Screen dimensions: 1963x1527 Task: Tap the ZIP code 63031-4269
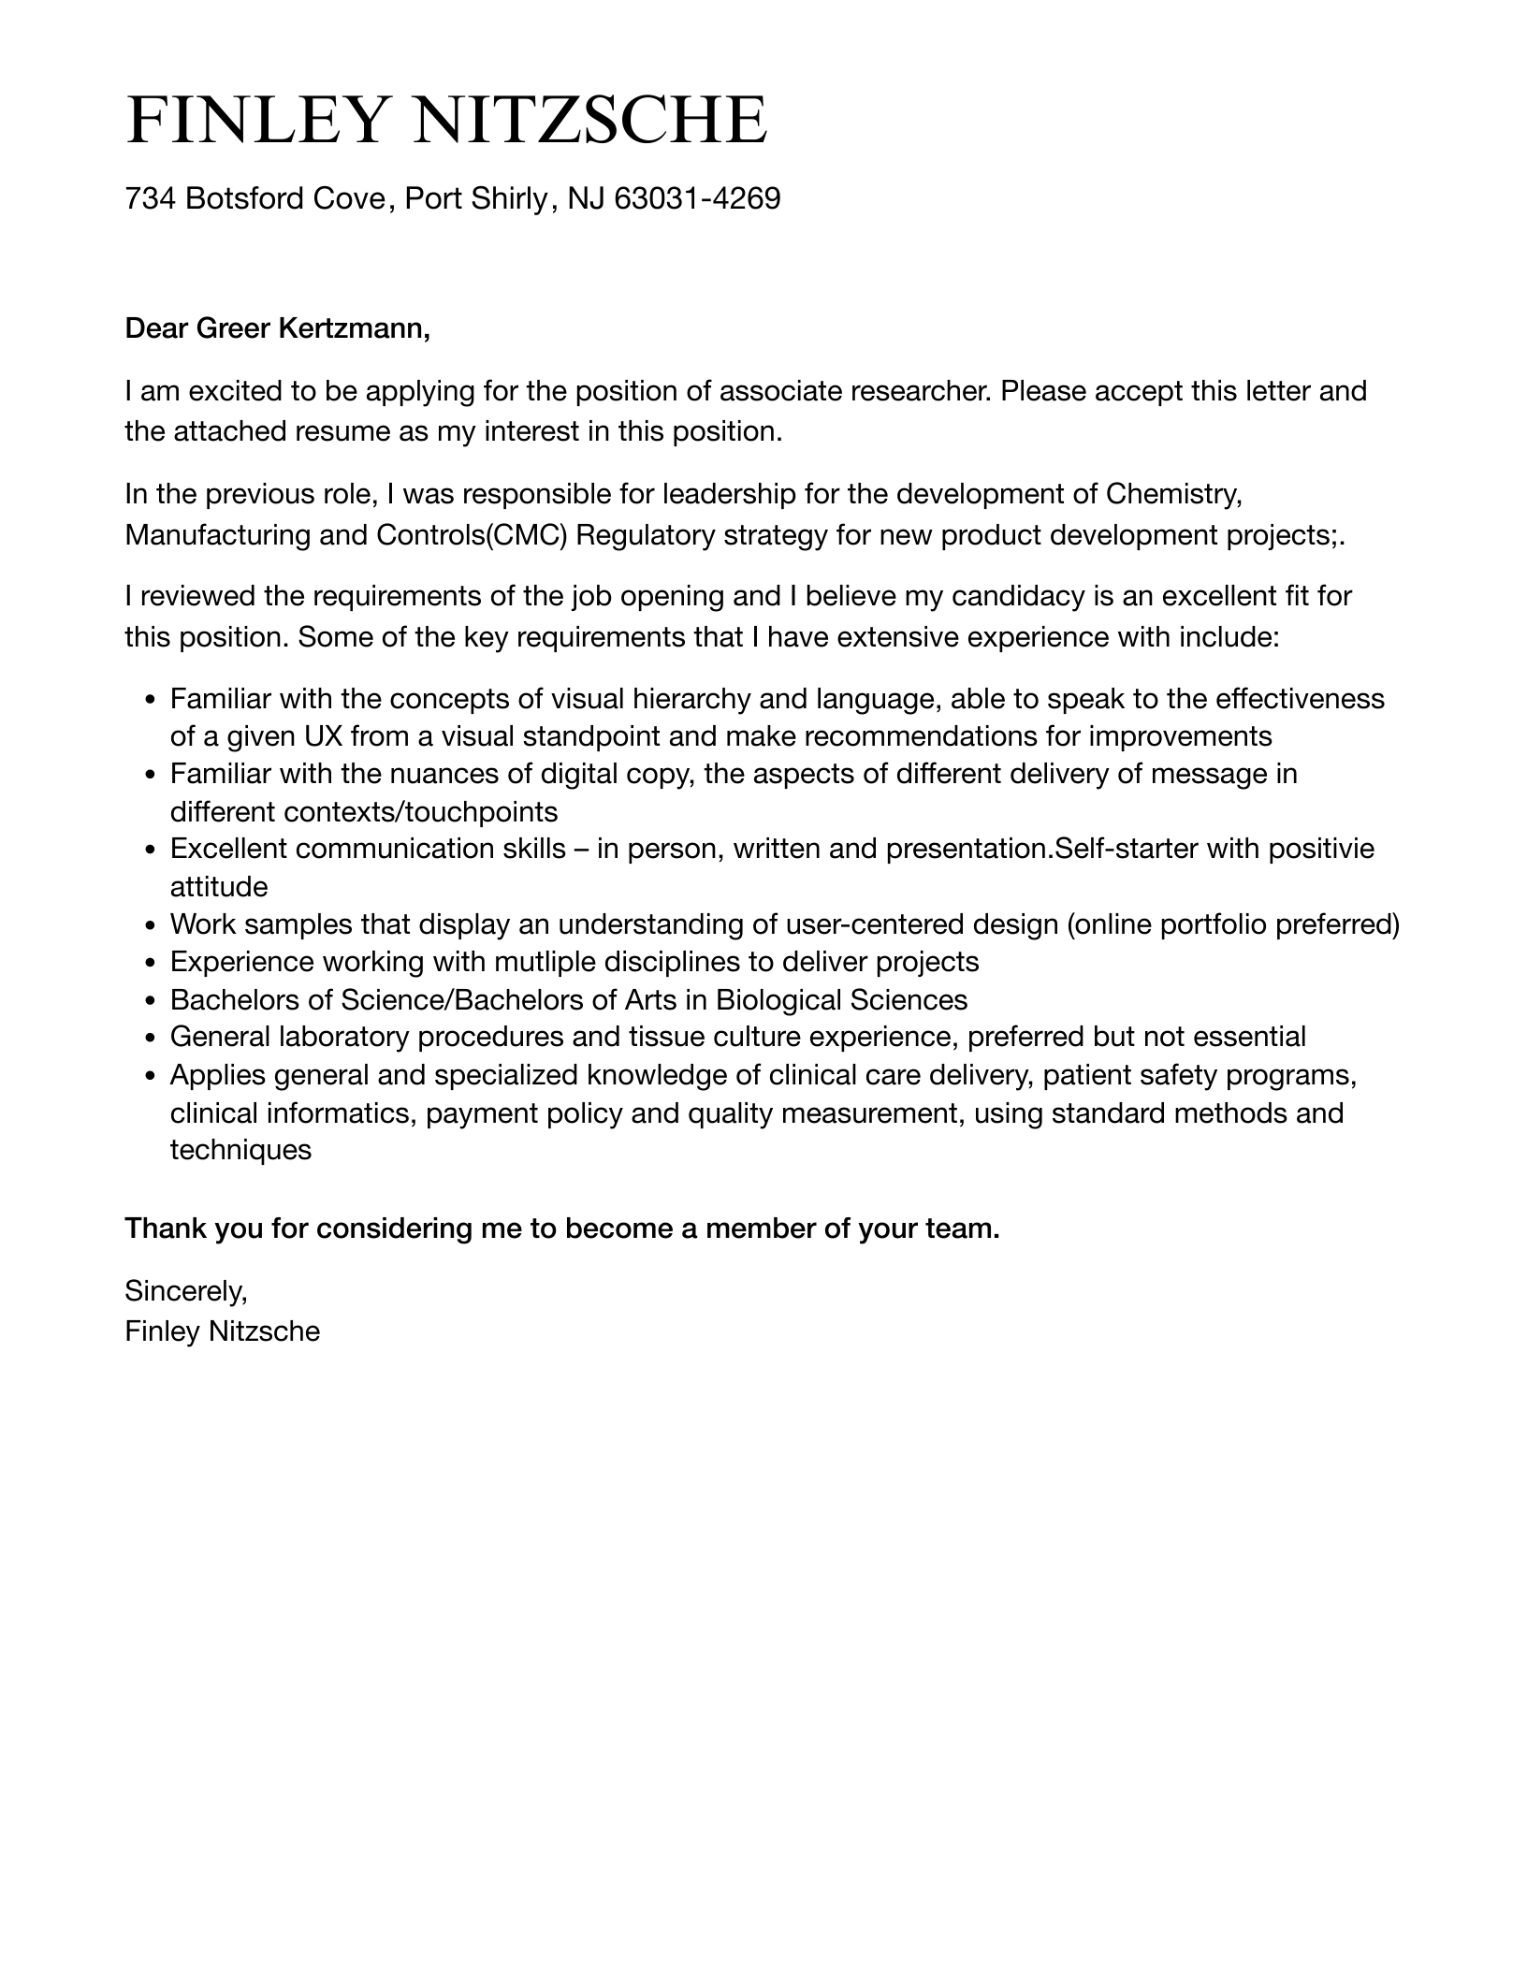697,198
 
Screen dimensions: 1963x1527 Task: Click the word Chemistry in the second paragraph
1173,493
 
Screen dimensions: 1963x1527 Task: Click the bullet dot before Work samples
151,925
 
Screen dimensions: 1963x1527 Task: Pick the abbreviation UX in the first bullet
322,736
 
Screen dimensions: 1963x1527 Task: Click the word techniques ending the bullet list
240,1150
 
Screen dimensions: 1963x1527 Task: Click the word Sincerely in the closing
185,1291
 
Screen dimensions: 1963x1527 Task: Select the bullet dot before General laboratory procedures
151,1038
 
